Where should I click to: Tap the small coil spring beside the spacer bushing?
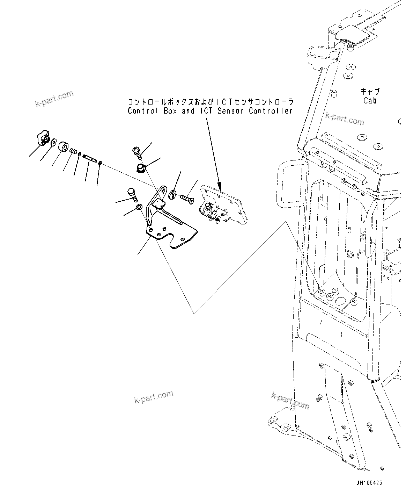point(73,151)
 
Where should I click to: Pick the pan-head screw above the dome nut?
point(136,152)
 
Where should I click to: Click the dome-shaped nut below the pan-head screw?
point(141,168)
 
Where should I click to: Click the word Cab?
point(370,101)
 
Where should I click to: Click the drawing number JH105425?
point(369,483)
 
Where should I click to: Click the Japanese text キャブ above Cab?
point(370,92)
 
